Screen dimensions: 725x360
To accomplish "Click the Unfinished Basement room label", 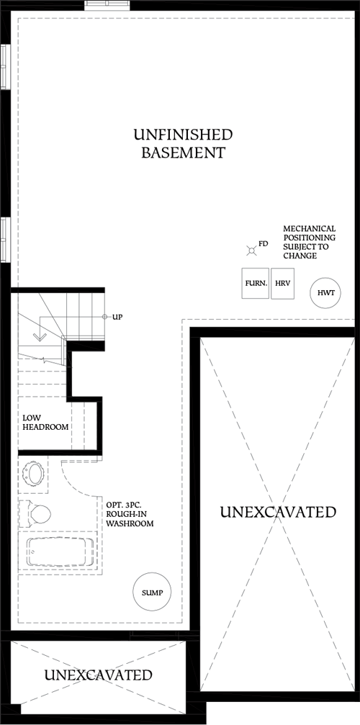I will tap(183, 143).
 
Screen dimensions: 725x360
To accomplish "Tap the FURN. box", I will tap(256, 284).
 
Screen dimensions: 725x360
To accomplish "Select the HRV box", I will tap(282, 284).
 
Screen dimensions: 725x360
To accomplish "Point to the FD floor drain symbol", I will tap(251, 250).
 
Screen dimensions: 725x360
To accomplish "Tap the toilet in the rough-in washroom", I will tap(36, 513).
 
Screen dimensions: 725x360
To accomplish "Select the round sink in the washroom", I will tap(34, 474).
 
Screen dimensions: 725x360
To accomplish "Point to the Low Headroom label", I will tap(45, 422).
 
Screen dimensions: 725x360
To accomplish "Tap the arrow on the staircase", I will tap(40, 336).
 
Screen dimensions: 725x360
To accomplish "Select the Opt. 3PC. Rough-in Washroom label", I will tap(130, 514).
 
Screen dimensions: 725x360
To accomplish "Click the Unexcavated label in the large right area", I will tap(278, 512).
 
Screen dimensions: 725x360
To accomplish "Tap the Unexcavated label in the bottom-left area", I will tap(98, 675).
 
